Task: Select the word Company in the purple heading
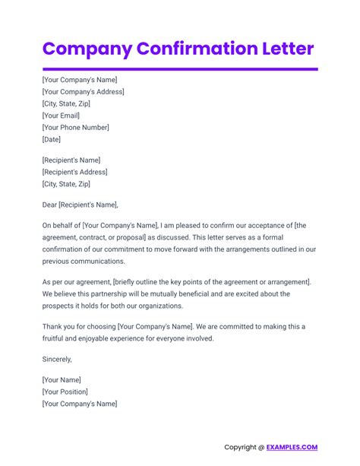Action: click(85, 49)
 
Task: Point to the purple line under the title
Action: click(180, 69)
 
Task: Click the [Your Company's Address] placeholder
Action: click(84, 92)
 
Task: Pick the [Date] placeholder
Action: click(52, 140)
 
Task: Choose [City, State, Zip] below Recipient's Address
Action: click(66, 184)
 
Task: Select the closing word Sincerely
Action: click(57, 359)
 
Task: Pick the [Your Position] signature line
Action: click(65, 392)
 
